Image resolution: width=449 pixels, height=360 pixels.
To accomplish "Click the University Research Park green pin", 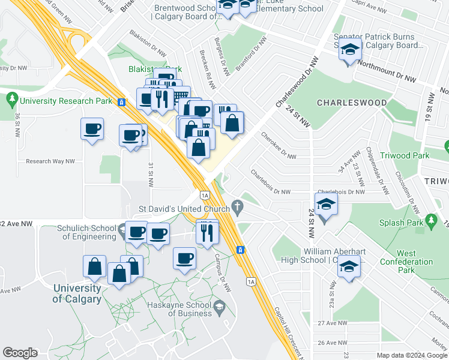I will pos(11,97).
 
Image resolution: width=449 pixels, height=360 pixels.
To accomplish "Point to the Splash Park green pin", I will pos(432,222).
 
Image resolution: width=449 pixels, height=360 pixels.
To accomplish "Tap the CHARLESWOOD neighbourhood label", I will pos(352,103).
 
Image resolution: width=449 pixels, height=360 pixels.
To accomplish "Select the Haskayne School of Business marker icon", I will pos(220,308).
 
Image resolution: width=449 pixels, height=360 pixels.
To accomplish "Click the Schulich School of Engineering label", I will pos(86,232).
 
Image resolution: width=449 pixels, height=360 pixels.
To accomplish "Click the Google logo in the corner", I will pos(20,353).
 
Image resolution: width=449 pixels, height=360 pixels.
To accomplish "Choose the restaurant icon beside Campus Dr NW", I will pos(206,232).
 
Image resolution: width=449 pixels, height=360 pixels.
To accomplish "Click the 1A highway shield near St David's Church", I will pos(205,195).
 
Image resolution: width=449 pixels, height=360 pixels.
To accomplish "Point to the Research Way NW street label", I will pos(50,161).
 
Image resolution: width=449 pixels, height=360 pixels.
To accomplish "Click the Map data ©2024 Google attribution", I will pos(412,355).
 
